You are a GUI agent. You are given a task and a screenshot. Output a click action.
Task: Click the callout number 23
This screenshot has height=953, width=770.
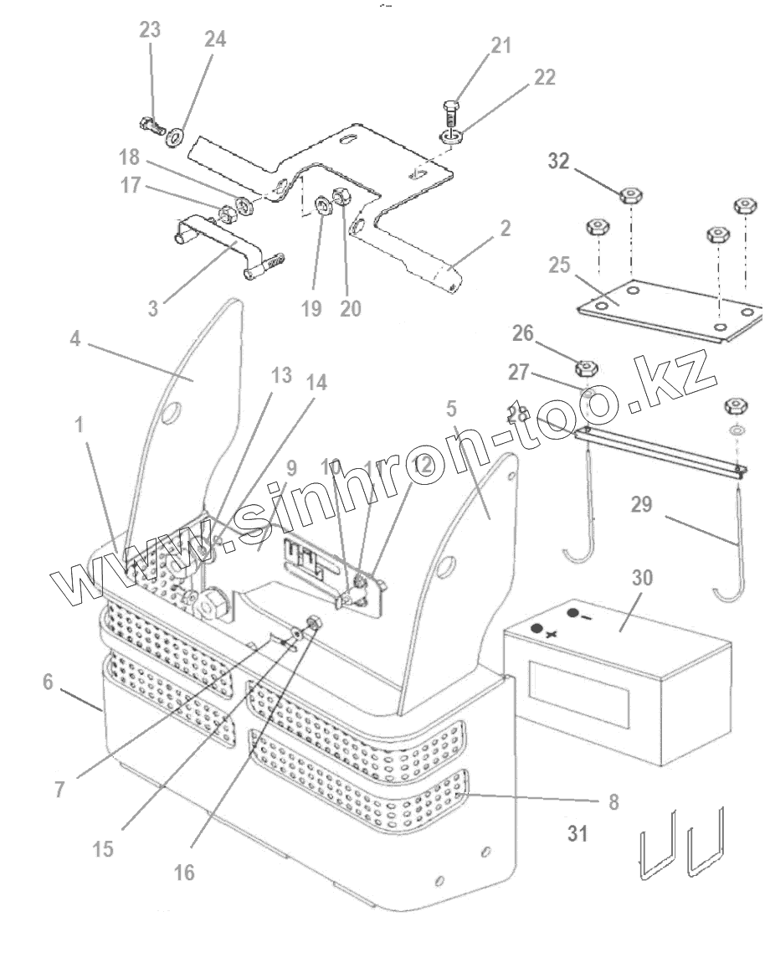pyautogui.click(x=150, y=30)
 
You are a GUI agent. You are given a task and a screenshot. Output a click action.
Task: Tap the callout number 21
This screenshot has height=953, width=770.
pyautogui.click(x=501, y=45)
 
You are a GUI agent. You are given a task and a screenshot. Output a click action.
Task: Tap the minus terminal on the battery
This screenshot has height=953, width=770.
pyautogui.click(x=573, y=614)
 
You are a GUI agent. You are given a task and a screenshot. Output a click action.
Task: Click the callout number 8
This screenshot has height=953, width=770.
pyautogui.click(x=613, y=801)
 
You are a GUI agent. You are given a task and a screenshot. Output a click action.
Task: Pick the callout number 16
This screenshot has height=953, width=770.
pyautogui.click(x=185, y=872)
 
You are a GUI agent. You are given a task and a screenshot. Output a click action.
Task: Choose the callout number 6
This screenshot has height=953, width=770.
pyautogui.click(x=47, y=683)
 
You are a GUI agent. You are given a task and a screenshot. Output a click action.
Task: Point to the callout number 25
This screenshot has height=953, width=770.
pyautogui.click(x=559, y=266)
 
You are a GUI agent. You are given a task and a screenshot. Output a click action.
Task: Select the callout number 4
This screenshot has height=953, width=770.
pyautogui.click(x=75, y=343)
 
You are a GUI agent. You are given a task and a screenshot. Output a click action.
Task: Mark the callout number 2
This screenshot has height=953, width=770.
pyautogui.click(x=505, y=227)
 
